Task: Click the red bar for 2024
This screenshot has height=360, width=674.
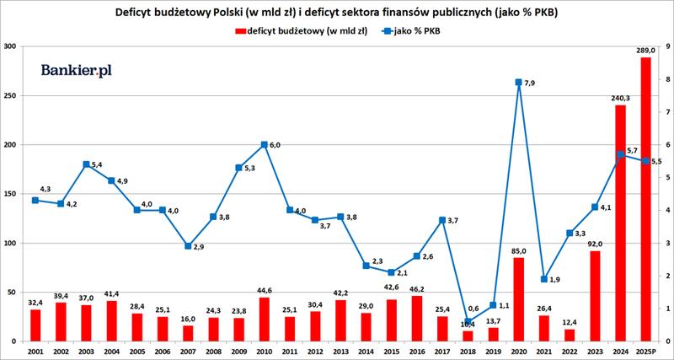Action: tap(620, 223)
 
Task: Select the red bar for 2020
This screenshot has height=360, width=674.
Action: tap(518, 299)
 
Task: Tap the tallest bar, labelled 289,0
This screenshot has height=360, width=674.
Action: tap(645, 199)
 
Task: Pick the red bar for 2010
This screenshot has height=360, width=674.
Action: tap(264, 320)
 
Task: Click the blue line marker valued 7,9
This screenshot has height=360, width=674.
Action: tap(518, 83)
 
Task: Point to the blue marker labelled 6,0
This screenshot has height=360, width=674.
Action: tap(264, 145)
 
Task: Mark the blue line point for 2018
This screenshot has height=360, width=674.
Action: tap(468, 321)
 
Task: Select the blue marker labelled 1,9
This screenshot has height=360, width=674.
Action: tap(543, 279)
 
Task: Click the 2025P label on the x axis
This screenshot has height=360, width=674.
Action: tap(645, 350)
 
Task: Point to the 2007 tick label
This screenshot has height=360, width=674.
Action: tap(188, 350)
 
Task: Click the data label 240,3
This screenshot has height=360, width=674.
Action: tap(620, 98)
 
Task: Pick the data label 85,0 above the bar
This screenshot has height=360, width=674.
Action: tap(519, 250)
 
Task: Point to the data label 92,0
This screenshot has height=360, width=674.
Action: tap(595, 244)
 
